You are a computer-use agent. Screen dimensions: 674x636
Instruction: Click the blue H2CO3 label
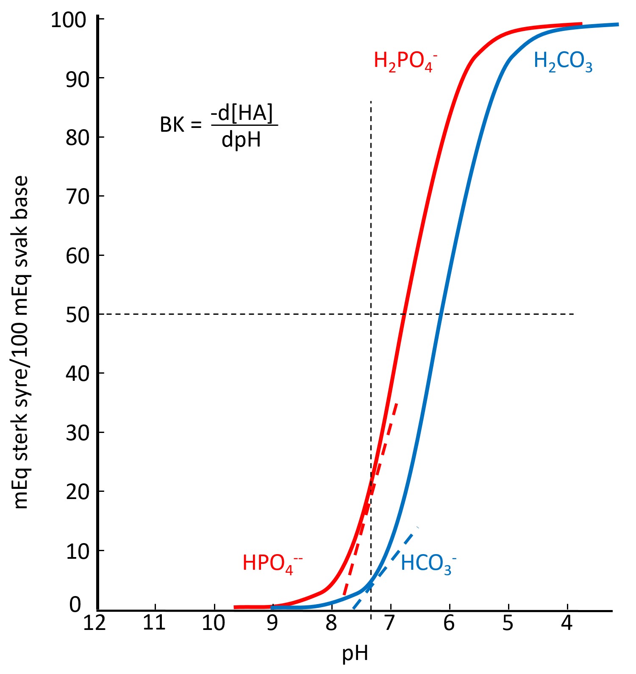[x=562, y=61]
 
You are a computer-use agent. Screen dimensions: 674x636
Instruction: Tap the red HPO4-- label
[x=272, y=564]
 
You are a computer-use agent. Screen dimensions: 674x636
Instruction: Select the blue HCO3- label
[x=428, y=564]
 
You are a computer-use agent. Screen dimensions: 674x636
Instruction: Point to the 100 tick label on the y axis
[x=68, y=20]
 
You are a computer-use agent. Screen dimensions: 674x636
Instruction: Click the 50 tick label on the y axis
[x=78, y=315]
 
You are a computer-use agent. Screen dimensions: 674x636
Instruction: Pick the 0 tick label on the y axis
[x=75, y=605]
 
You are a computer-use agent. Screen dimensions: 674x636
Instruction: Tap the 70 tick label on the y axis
[x=78, y=197]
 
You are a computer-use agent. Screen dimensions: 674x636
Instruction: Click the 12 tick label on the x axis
[x=94, y=623]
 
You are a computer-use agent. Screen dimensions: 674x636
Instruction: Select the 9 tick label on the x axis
[x=272, y=623]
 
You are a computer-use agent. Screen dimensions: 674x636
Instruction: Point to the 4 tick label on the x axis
[x=567, y=623]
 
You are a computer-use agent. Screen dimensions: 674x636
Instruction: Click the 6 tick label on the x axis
[x=449, y=623]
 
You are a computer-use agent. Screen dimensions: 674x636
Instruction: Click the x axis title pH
[x=355, y=654]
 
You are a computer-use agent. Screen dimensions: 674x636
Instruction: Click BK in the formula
[x=172, y=125]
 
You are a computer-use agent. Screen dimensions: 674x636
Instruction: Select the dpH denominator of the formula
[x=241, y=139]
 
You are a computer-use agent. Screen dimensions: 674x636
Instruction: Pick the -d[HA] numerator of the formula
[x=242, y=113]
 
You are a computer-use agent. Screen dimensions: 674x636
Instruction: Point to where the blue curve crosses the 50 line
[x=441, y=314]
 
